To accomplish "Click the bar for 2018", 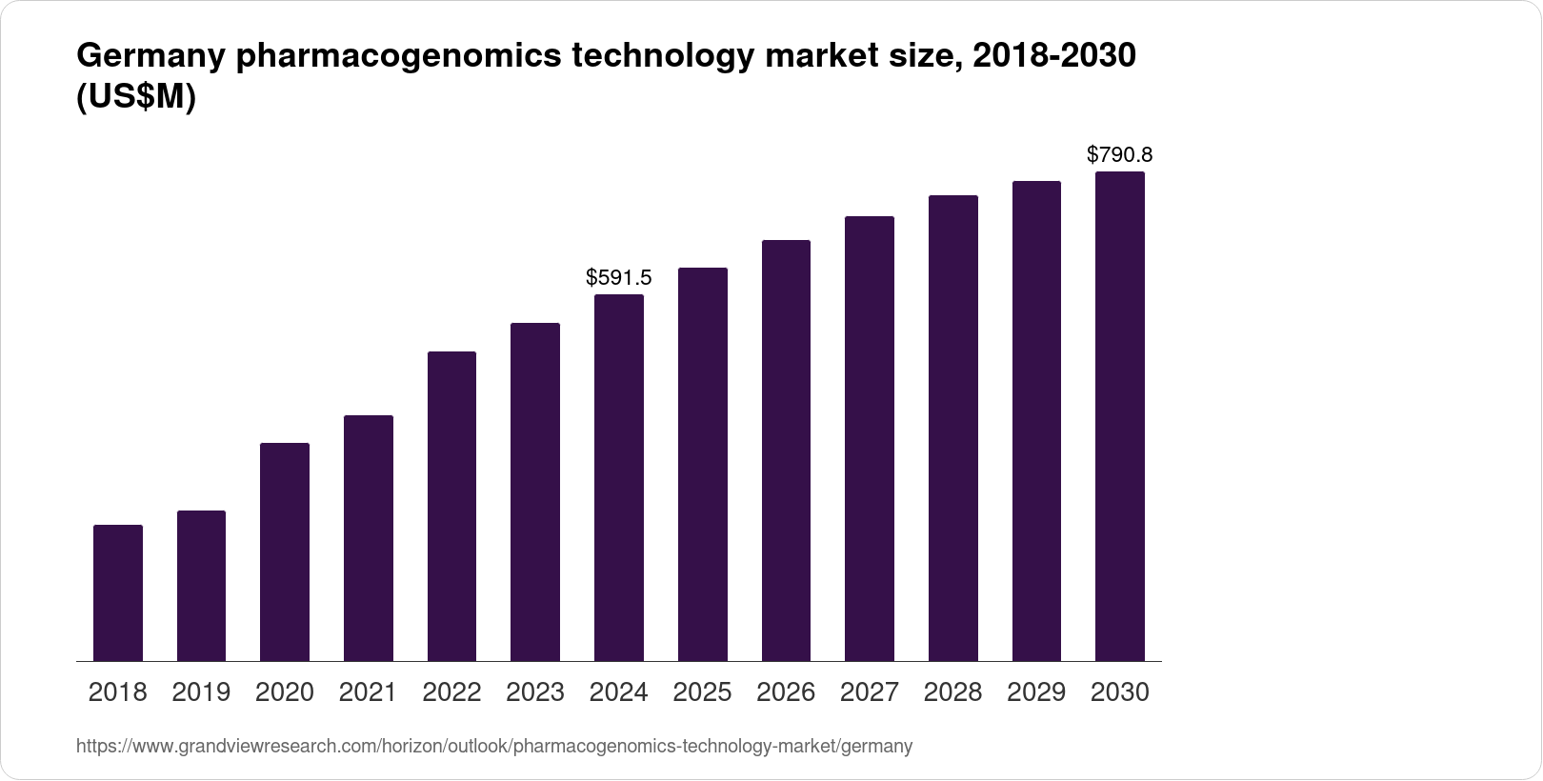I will (x=118, y=592).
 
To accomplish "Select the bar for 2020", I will (x=285, y=551).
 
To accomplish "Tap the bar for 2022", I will (x=451, y=506).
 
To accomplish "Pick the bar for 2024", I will (x=619, y=477).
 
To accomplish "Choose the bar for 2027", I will (x=870, y=438).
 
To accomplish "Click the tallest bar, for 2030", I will (x=1120, y=416).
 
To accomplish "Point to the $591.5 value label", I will (x=619, y=277).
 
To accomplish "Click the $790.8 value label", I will (x=1120, y=154).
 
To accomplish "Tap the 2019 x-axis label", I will (x=201, y=692).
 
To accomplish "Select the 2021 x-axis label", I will (x=368, y=692).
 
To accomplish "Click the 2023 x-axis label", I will (x=535, y=692).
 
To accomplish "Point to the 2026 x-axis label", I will (x=786, y=692).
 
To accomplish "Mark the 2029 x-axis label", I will (x=1036, y=692).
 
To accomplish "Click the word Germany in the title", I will (x=150, y=57).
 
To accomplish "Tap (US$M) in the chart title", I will (x=135, y=97).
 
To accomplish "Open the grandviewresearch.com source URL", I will (x=494, y=747).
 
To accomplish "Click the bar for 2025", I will (x=703, y=464).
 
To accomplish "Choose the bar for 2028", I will (x=953, y=428).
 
